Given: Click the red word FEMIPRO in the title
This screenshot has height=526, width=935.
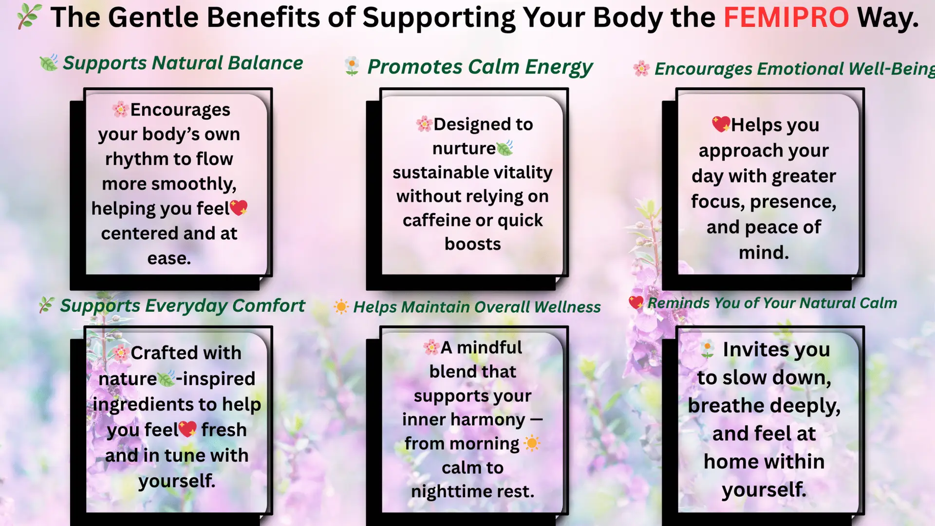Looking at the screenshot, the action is [x=786, y=18].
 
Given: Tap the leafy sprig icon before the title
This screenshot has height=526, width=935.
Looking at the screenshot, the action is [x=29, y=17].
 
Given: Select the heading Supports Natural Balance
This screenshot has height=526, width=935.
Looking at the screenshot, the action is [x=183, y=63].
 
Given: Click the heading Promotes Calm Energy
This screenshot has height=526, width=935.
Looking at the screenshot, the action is [x=480, y=67].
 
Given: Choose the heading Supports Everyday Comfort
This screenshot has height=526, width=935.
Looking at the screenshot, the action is [x=183, y=306].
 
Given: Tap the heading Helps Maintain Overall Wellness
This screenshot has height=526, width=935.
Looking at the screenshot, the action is [x=477, y=307].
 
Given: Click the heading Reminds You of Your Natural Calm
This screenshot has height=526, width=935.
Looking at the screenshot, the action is [x=772, y=303].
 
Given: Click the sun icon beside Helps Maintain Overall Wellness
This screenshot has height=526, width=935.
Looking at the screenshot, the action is [x=341, y=307].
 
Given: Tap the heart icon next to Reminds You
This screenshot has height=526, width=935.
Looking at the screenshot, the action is [x=636, y=302].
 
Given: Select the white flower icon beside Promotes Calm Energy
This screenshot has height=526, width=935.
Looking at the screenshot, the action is [x=352, y=66].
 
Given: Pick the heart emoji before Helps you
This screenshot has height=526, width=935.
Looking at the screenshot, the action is [x=721, y=124].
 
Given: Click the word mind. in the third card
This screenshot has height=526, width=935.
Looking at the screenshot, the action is [x=764, y=253].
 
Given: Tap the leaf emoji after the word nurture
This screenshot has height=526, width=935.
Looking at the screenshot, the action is [x=505, y=148].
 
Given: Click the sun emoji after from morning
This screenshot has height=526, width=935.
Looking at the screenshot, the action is [x=532, y=443].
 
